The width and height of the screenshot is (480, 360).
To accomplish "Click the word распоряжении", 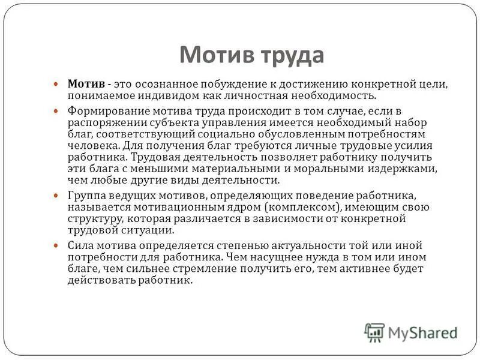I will [x=103, y=122].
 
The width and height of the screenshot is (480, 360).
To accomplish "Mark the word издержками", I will [x=406, y=169].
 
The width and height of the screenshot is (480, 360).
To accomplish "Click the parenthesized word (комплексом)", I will [x=302, y=207].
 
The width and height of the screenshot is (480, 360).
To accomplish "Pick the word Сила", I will [x=80, y=245].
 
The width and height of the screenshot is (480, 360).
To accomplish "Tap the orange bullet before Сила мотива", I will [x=56, y=246].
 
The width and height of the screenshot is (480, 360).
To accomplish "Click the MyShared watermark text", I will [x=423, y=332].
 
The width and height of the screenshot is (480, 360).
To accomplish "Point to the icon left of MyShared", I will [x=374, y=332].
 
